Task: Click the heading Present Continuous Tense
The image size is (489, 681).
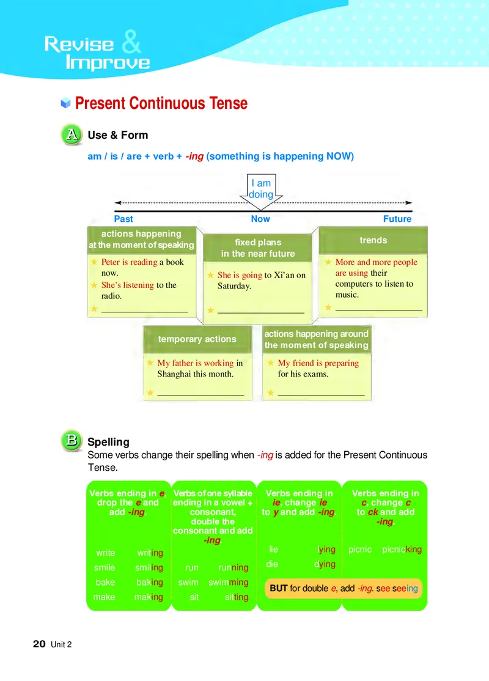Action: point(161,103)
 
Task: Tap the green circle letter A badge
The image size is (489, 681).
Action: point(72,135)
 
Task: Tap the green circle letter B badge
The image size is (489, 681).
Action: point(72,440)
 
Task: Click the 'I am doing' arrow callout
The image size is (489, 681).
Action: point(260,189)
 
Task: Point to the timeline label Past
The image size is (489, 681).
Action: point(123,219)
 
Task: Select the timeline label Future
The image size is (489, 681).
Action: point(397,219)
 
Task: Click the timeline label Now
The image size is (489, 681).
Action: point(260,219)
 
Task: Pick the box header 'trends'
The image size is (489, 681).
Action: point(373,240)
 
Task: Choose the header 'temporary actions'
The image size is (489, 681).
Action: point(197,339)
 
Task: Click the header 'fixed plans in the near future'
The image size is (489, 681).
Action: point(257,248)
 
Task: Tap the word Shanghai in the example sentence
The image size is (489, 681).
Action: point(174,374)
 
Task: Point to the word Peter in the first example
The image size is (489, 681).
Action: point(111,262)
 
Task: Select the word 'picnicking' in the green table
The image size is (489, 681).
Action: point(402,550)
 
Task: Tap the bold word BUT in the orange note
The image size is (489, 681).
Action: point(279,589)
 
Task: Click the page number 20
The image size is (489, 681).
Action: point(39,644)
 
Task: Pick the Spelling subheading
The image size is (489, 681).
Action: point(108,441)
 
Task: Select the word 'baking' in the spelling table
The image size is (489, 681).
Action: point(149,583)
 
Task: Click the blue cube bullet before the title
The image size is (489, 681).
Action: point(65,103)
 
